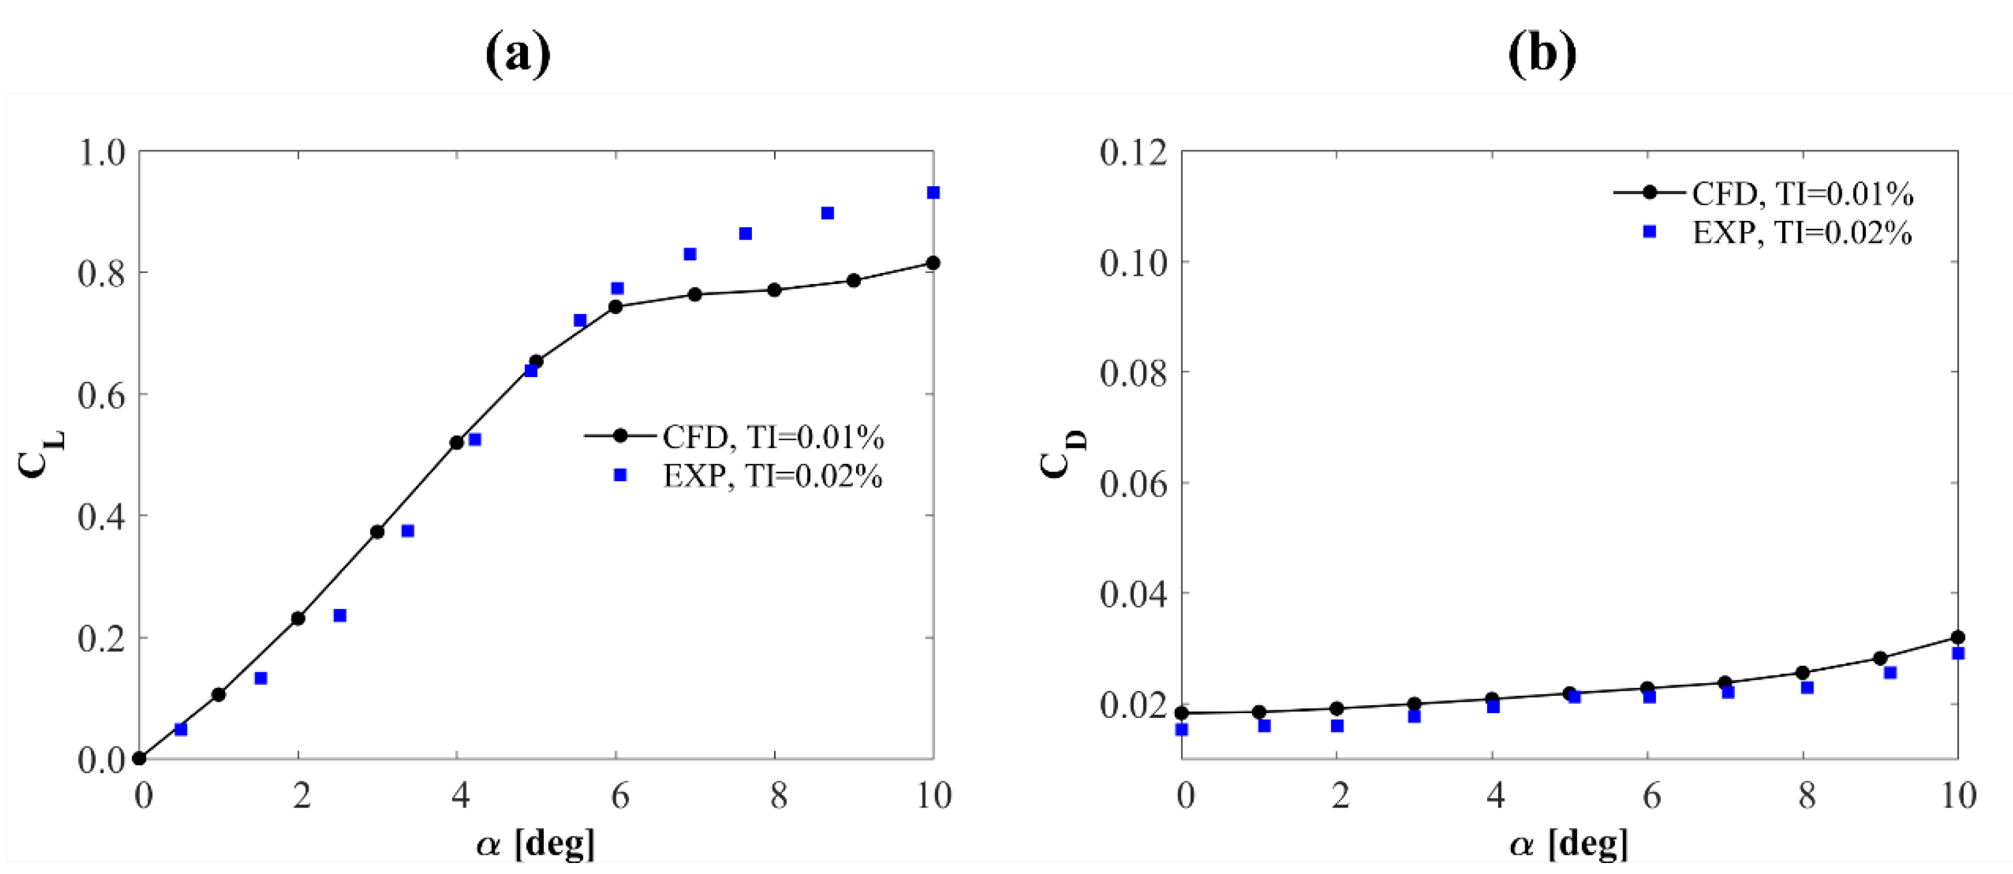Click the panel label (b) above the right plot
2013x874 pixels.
click(1542, 55)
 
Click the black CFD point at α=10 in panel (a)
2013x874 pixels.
click(932, 263)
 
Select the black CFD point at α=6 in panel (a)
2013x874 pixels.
click(616, 307)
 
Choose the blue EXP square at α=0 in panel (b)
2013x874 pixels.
click(1182, 730)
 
